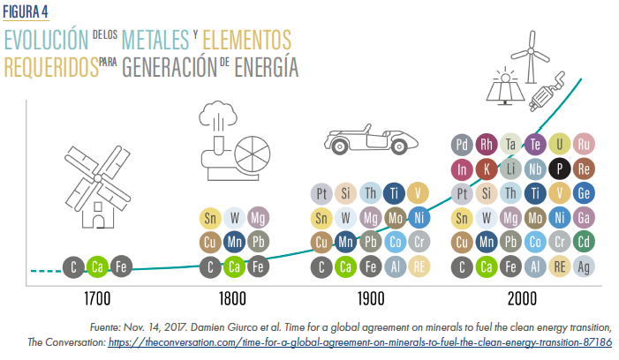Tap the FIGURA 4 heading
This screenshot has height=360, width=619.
pos(27,11)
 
